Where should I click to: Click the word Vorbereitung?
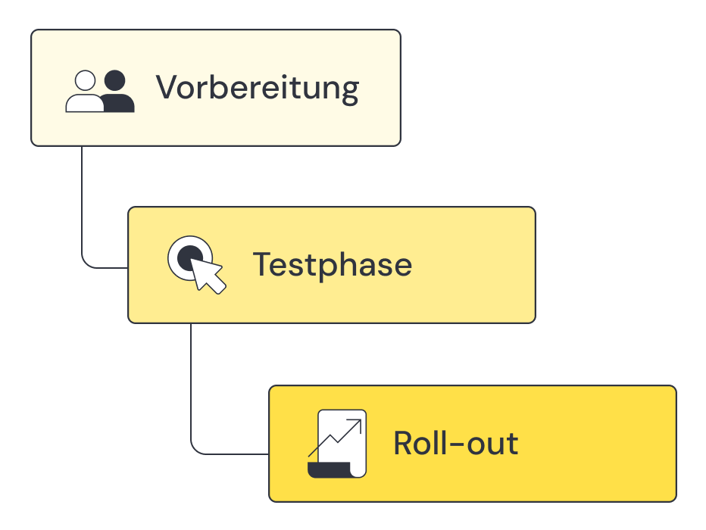pyautogui.click(x=257, y=88)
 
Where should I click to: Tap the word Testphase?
pyautogui.click(x=332, y=265)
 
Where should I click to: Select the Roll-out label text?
pyautogui.click(x=455, y=443)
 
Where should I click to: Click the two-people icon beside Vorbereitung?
pyautogui.click(x=100, y=91)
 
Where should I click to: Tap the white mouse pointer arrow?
pyautogui.click(x=208, y=275)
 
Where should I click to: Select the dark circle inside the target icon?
pyautogui.click(x=187, y=257)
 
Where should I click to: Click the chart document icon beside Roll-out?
pyautogui.click(x=338, y=444)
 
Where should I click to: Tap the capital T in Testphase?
pyautogui.click(x=261, y=265)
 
